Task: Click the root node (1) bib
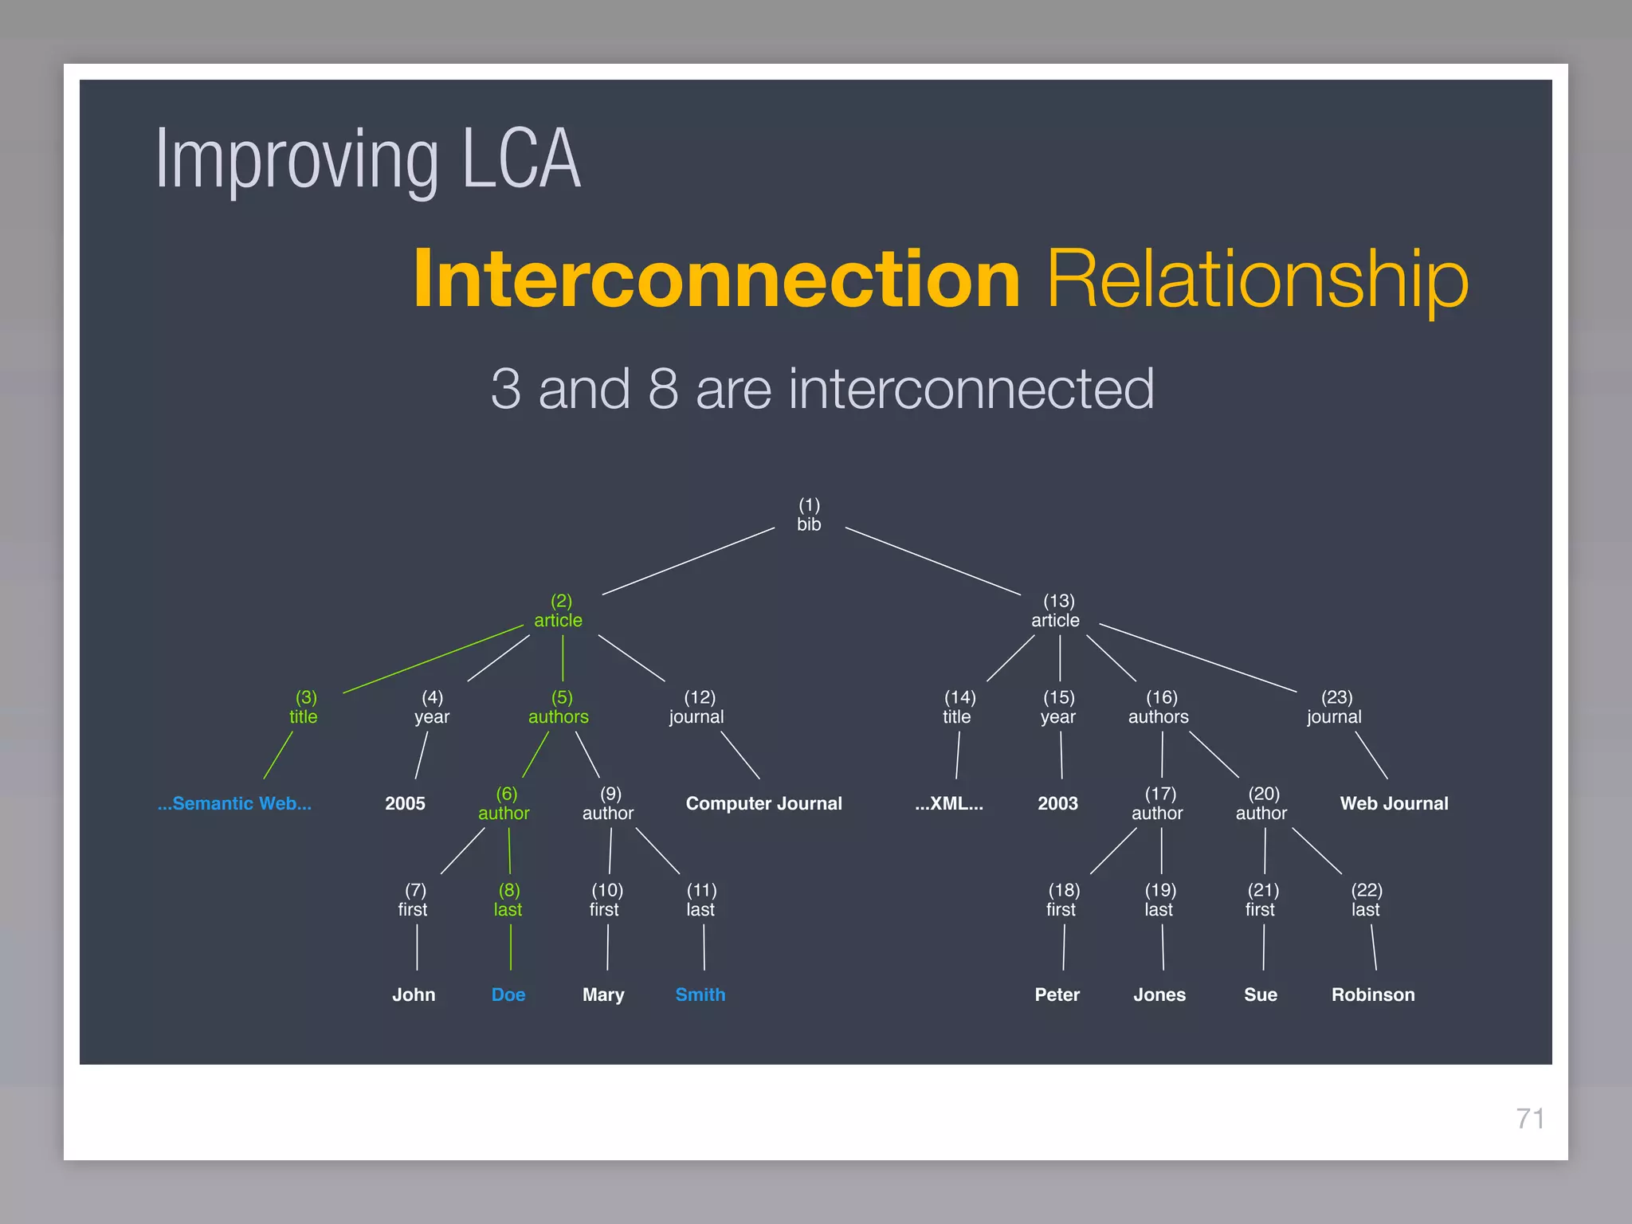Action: [809, 515]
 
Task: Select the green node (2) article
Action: [559, 611]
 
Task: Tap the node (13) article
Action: [1056, 611]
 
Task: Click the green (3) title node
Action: [304, 708]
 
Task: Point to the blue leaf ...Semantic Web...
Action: [234, 803]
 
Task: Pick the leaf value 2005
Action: [405, 803]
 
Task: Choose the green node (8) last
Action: [508, 900]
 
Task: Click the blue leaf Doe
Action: [508, 994]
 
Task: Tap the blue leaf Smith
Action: [700, 994]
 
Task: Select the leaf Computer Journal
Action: [763, 803]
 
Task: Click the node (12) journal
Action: [697, 708]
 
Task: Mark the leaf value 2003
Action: [1057, 803]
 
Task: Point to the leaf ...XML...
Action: [948, 803]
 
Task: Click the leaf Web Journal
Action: [1394, 803]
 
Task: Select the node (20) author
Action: [1261, 804]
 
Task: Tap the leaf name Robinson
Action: [1373, 994]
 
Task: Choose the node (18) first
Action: [1061, 900]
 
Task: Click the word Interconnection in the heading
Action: [716, 279]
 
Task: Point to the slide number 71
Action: [1530, 1119]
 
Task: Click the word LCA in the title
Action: [521, 159]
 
